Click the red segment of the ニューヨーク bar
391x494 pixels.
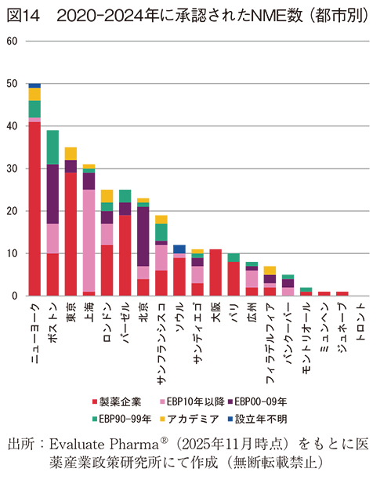click(34, 209)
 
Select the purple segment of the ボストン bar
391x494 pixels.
click(52, 194)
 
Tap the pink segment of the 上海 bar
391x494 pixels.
click(89, 240)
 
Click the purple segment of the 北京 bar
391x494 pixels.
click(143, 236)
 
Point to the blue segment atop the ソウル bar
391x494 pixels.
click(179, 249)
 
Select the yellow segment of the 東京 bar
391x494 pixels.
click(71, 154)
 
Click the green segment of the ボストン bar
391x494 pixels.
click(52, 147)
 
